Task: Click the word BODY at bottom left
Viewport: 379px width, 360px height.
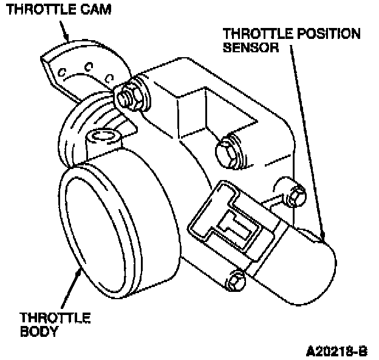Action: point(39,331)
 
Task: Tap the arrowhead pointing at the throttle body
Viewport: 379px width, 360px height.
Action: point(80,270)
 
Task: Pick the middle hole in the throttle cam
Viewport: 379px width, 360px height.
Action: point(89,65)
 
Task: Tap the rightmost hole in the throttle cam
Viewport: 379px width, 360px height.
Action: point(109,77)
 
